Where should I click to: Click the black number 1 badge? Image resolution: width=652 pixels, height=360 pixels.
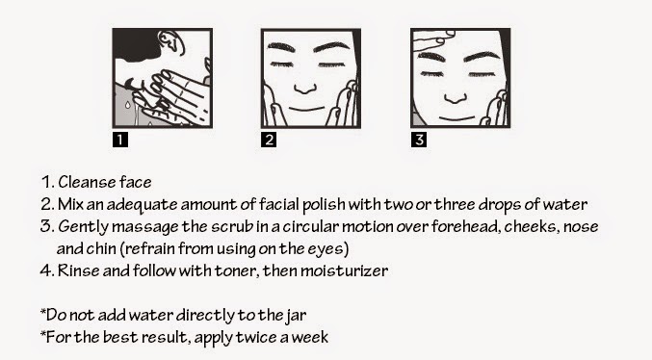(120, 140)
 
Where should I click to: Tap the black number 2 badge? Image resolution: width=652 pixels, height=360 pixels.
(269, 140)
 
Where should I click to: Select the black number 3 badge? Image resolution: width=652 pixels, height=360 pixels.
(419, 140)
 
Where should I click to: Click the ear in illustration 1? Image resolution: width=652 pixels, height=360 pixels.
(171, 42)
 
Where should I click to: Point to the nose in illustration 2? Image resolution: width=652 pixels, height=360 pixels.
(305, 89)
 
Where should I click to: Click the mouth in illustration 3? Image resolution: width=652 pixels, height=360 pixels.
(457, 119)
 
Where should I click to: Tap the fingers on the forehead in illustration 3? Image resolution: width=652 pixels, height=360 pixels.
(432, 39)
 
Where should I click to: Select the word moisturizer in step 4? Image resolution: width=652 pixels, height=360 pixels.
(344, 270)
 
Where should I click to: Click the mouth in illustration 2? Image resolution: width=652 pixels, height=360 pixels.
(306, 109)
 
